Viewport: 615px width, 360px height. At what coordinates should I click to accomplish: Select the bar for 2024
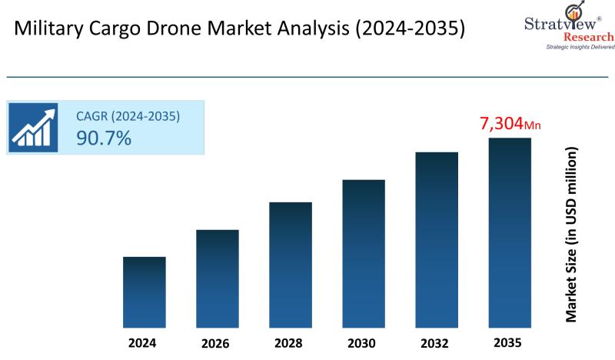(145, 292)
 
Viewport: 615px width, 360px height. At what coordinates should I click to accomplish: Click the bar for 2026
(218, 278)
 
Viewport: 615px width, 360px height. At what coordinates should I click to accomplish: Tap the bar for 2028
(291, 264)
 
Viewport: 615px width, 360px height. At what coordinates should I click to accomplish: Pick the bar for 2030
(364, 253)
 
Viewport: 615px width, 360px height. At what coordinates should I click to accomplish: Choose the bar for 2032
(437, 239)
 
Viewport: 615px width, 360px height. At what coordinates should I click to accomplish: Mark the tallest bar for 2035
(510, 232)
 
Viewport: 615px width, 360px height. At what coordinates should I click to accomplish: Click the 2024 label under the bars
(145, 342)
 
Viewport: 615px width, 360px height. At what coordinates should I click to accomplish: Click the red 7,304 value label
(501, 123)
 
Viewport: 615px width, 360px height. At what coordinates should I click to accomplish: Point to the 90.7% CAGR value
(103, 138)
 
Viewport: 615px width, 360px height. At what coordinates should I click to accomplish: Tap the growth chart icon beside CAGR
(34, 127)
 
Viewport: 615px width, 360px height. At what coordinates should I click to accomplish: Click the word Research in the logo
(589, 36)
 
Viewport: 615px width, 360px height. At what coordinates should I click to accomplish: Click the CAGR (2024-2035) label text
(128, 116)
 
